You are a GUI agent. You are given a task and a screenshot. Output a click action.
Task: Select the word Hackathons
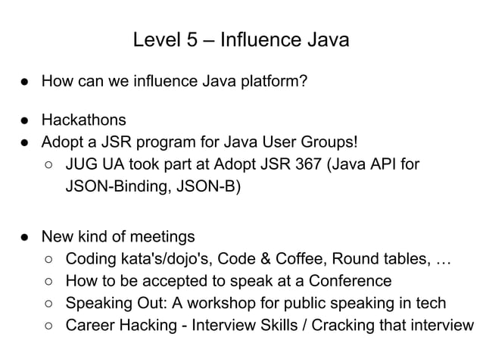pyautogui.click(x=83, y=120)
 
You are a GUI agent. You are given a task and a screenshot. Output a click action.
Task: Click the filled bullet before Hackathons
pyautogui.click(x=25, y=120)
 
